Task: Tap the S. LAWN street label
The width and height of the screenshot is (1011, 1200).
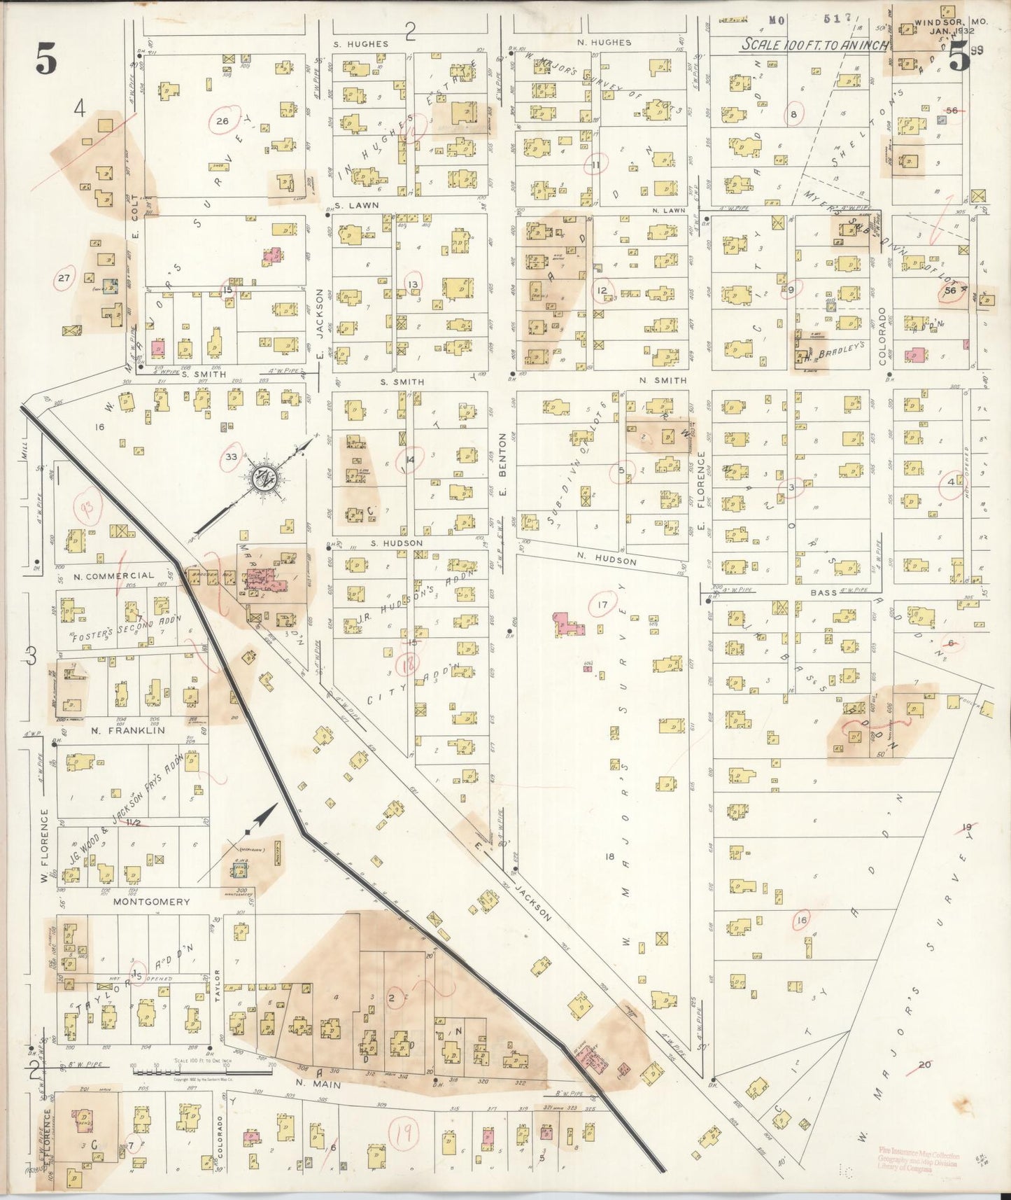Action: (x=356, y=206)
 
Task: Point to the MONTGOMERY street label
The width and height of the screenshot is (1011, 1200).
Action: (x=151, y=902)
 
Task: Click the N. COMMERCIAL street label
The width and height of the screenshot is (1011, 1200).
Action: (x=114, y=575)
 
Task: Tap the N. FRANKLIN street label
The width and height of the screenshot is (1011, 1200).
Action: (x=127, y=730)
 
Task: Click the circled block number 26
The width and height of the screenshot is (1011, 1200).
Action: (x=222, y=121)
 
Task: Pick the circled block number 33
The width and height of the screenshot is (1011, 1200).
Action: (x=232, y=456)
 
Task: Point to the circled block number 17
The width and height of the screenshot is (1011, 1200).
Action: (x=602, y=605)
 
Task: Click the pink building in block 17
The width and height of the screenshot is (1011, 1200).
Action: (x=570, y=625)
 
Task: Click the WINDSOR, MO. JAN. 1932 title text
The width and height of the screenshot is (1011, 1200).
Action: (x=950, y=27)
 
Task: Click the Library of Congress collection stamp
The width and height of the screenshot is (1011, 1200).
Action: (x=919, y=1163)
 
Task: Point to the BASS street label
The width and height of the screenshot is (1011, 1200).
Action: (x=823, y=593)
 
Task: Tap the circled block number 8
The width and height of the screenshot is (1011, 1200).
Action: (x=793, y=114)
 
